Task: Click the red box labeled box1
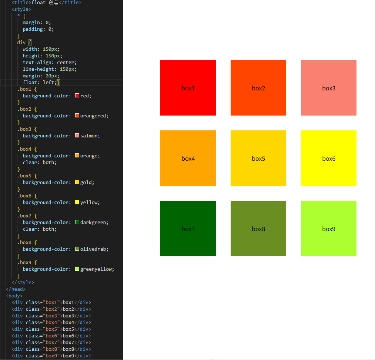tap(188, 88)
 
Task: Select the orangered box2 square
tap(258, 88)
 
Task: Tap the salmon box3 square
tap(329, 88)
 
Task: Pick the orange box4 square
tap(188, 158)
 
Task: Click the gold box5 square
tap(258, 158)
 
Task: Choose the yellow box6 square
tap(329, 158)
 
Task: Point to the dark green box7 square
tap(188, 229)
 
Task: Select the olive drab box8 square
tap(258, 229)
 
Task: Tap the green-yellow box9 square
tap(329, 229)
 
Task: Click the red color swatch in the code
tap(77, 96)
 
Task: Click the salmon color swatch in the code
tap(77, 136)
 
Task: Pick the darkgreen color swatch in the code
tap(77, 222)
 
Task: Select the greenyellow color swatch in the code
tap(77, 269)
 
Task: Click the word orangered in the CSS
tap(94, 116)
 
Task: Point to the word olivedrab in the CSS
tap(94, 249)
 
